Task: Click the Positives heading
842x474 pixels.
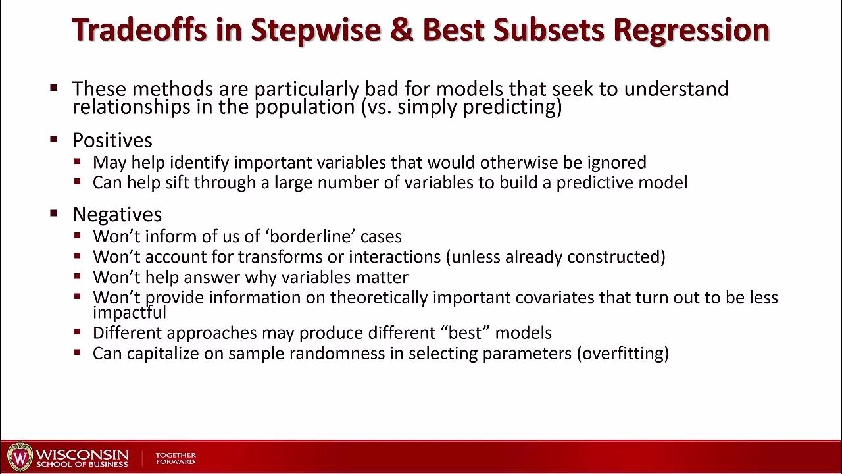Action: tap(112, 140)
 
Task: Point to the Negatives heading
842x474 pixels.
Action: tap(117, 214)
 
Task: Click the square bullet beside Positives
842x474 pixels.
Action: tap(54, 140)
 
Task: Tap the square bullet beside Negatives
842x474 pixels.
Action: tap(54, 213)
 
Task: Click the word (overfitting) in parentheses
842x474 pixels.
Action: tap(622, 353)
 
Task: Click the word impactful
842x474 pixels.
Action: tap(130, 312)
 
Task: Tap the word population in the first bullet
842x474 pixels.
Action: tap(305, 107)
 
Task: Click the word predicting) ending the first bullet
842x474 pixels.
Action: tap(512, 107)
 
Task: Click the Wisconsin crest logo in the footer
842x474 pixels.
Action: tap(20, 457)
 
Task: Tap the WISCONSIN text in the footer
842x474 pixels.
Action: tap(82, 455)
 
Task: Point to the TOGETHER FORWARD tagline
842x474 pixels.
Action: tap(176, 458)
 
